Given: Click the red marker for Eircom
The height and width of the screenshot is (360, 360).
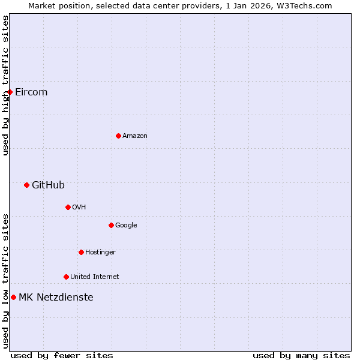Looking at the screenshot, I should coord(10,92).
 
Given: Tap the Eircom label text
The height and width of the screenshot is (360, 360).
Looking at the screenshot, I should coord(31,92).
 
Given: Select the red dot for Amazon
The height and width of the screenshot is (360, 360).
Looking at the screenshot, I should coord(118,136).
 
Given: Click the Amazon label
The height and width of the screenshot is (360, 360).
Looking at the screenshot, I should coord(135,136).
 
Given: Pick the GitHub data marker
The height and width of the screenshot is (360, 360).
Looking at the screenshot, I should coord(26,185).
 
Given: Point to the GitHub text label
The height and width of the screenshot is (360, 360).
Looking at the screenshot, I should coord(48,185).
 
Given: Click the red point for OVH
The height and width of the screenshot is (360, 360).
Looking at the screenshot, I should coord(68,207).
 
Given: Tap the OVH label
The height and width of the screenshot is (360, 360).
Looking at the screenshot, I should coord(79,208).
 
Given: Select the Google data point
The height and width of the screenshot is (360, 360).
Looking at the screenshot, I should coord(111,225).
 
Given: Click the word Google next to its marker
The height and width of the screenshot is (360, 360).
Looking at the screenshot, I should coord(126,226).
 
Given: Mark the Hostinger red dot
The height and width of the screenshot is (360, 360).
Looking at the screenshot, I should coord(81,252).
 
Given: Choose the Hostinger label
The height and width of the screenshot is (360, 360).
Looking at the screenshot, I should coord(100,253).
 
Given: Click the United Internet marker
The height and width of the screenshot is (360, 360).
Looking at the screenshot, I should coord(66,277).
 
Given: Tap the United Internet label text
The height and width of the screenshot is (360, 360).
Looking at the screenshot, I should coord(95,277).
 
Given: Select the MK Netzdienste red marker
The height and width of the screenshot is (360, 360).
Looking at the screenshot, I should coord(13,297).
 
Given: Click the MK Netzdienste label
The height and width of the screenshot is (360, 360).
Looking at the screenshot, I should coord(56,298).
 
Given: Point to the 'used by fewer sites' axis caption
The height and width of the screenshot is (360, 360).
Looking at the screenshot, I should coord(62,355).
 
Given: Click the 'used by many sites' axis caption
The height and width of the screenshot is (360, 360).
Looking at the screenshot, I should coord(301,355).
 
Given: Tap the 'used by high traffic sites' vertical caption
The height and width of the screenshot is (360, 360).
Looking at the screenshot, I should coord(5,85).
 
